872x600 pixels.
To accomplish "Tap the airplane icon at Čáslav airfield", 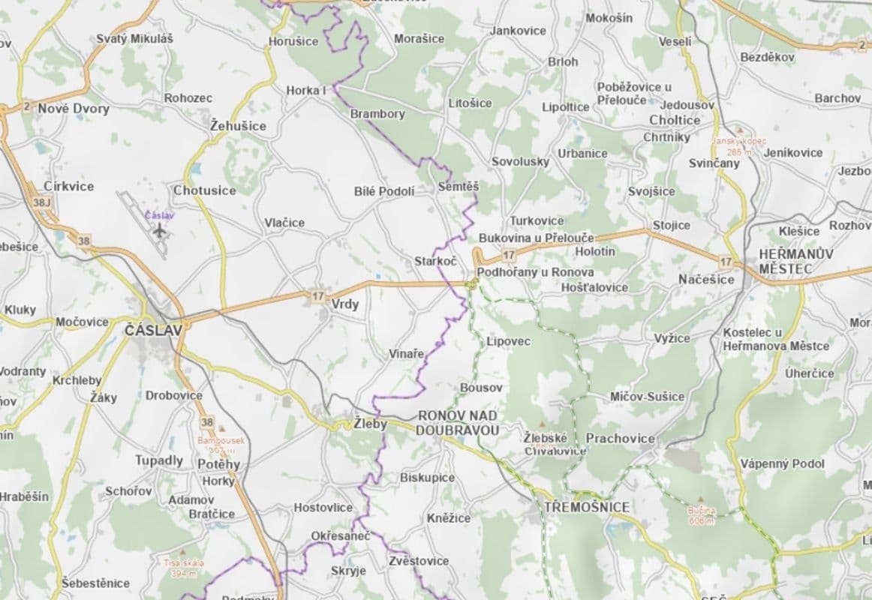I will click(158, 229).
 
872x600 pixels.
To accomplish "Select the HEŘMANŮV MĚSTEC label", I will click(795, 261).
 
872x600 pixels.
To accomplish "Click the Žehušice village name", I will click(238, 126).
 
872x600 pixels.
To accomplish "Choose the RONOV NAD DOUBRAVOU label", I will click(458, 422).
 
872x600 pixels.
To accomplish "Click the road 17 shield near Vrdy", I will click(316, 297).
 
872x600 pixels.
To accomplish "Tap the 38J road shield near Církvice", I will click(41, 202).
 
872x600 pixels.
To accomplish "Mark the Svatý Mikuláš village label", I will click(134, 38).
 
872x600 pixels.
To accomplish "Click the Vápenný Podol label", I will click(782, 463).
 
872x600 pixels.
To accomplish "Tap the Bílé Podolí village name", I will click(384, 191).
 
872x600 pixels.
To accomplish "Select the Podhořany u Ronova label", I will click(535, 272).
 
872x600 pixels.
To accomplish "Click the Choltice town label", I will click(675, 120).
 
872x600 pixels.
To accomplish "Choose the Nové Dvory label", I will click(74, 109).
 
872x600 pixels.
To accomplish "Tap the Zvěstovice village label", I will click(419, 561).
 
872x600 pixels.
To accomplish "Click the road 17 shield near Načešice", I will click(725, 261).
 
